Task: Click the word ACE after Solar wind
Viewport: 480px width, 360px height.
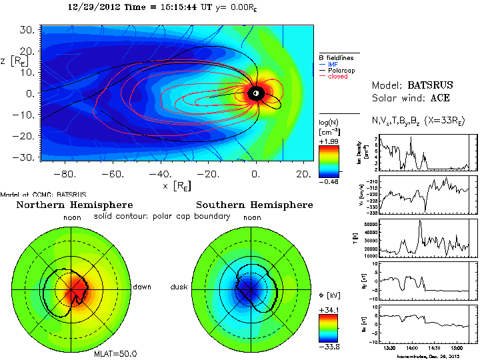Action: [439, 98]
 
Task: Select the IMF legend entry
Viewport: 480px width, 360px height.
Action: [333, 63]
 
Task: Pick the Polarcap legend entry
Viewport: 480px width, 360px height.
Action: [340, 70]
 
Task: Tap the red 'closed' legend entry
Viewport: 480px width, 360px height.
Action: [337, 77]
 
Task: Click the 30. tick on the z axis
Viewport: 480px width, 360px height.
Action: [27, 31]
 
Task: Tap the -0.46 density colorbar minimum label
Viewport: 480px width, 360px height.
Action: [330, 181]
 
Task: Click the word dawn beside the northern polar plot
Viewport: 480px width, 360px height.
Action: [141, 287]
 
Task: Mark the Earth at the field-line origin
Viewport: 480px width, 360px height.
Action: [255, 94]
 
